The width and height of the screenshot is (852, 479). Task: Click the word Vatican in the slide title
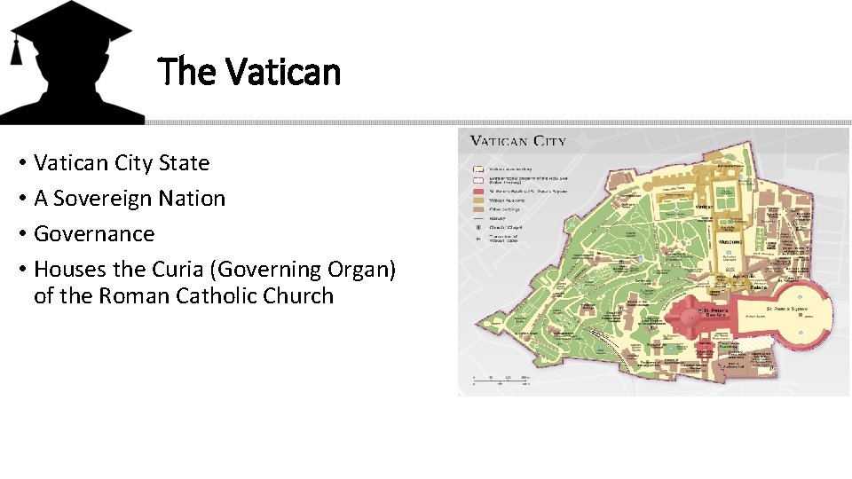point(283,71)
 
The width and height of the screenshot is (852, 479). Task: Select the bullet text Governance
point(94,233)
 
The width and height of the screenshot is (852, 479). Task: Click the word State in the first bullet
point(184,163)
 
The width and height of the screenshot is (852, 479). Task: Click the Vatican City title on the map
point(517,140)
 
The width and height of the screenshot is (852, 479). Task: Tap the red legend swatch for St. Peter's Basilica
point(478,189)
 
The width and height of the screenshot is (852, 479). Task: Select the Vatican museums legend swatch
point(478,200)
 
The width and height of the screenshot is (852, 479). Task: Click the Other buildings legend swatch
point(478,210)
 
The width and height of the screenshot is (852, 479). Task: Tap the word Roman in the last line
point(131,295)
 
